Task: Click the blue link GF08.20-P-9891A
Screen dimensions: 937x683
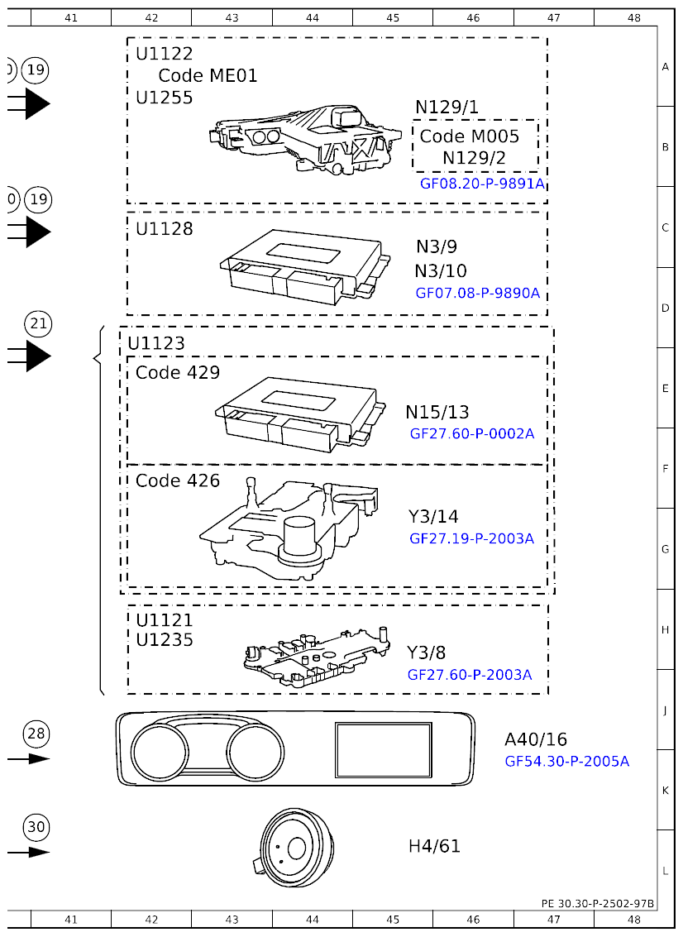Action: [x=482, y=184]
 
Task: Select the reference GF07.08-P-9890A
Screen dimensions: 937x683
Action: [x=477, y=293]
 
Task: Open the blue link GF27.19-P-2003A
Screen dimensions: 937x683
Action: [x=471, y=538]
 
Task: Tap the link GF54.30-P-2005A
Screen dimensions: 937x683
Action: [x=566, y=761]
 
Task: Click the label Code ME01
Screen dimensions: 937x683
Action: [x=208, y=76]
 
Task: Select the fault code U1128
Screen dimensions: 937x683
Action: [x=165, y=229]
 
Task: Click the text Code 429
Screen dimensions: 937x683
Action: [x=178, y=373]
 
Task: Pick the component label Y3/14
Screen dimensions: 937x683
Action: [x=432, y=517]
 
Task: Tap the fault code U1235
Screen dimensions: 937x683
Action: [x=165, y=640]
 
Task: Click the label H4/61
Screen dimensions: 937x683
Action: [x=434, y=846]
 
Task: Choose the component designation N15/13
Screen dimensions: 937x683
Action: [x=437, y=412]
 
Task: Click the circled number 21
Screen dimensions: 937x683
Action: [x=38, y=323]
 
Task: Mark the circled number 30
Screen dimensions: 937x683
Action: [x=36, y=826]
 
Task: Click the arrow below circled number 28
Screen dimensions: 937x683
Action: [x=30, y=759]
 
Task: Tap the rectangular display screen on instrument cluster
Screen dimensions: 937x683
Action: [x=384, y=749]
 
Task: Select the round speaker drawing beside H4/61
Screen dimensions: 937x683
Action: [x=294, y=849]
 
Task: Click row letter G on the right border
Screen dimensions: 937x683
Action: [x=666, y=549]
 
